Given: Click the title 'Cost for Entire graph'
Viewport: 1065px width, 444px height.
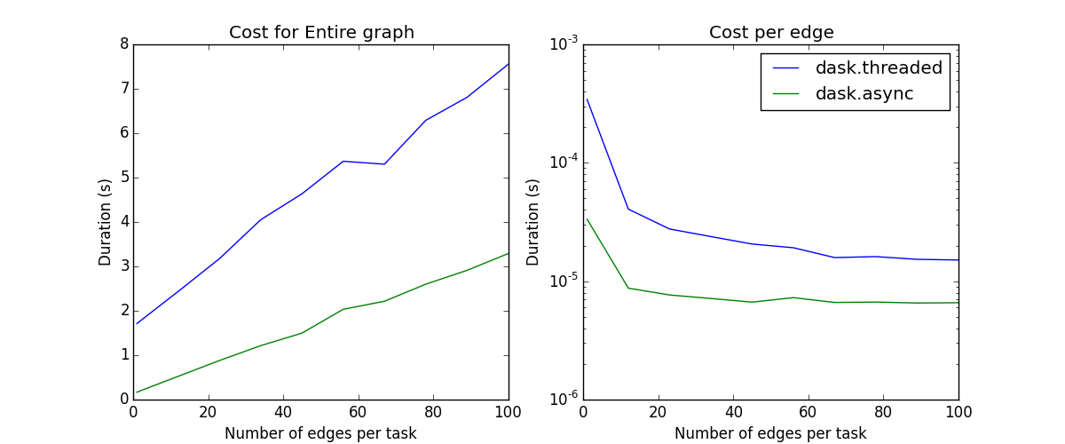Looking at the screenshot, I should click(x=321, y=33).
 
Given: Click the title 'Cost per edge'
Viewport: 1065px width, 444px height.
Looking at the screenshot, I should click(x=771, y=33).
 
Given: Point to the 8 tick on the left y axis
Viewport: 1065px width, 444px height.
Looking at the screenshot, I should click(x=123, y=44).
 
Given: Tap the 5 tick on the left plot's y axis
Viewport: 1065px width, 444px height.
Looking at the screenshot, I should click(x=123, y=177).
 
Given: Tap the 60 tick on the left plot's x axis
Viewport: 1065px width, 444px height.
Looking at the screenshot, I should click(x=359, y=413).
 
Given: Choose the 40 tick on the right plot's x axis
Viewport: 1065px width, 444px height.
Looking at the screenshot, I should click(x=733, y=413).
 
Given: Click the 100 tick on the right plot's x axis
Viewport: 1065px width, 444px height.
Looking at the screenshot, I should click(x=958, y=413).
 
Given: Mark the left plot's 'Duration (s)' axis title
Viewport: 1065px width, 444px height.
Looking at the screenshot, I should click(x=106, y=221).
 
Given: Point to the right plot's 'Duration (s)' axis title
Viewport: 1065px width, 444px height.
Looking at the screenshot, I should click(x=533, y=221).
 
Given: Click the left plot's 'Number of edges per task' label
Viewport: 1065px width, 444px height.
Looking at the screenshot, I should click(x=320, y=433).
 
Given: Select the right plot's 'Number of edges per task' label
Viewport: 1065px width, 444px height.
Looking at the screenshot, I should click(x=770, y=433).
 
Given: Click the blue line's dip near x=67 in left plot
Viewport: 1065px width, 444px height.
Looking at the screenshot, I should click(x=384, y=164).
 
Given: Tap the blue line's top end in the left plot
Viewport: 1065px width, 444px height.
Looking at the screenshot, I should click(x=509, y=64).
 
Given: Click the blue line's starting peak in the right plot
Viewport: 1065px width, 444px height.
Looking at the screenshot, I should click(x=587, y=99).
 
